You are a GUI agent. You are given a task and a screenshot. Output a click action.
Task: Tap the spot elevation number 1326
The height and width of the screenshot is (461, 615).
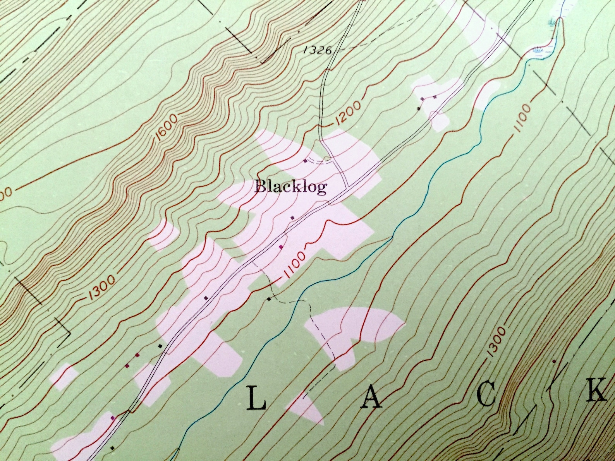316,50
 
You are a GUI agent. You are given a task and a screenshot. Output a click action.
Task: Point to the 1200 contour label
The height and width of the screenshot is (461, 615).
348,113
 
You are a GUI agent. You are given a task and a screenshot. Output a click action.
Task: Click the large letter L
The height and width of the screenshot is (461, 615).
257,399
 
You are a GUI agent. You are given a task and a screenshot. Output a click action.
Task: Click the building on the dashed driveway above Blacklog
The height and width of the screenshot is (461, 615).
306,161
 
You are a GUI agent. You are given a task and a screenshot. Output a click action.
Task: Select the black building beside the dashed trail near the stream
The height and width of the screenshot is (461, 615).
268,299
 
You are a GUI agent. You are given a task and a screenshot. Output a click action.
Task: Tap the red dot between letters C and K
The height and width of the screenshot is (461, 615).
554,361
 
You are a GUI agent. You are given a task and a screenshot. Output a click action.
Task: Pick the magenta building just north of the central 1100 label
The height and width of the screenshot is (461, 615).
281,247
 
